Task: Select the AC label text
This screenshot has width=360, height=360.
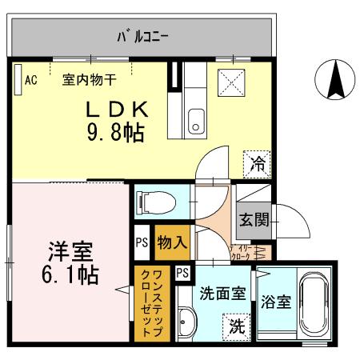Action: (31, 79)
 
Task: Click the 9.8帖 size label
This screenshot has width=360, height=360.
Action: (115, 132)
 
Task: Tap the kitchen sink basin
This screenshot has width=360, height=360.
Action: (194, 124)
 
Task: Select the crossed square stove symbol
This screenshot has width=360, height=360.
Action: (231, 82)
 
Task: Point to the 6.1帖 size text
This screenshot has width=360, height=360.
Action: (70, 276)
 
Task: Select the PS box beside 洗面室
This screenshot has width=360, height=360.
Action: (182, 272)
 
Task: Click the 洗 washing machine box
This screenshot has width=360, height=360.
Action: (237, 326)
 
